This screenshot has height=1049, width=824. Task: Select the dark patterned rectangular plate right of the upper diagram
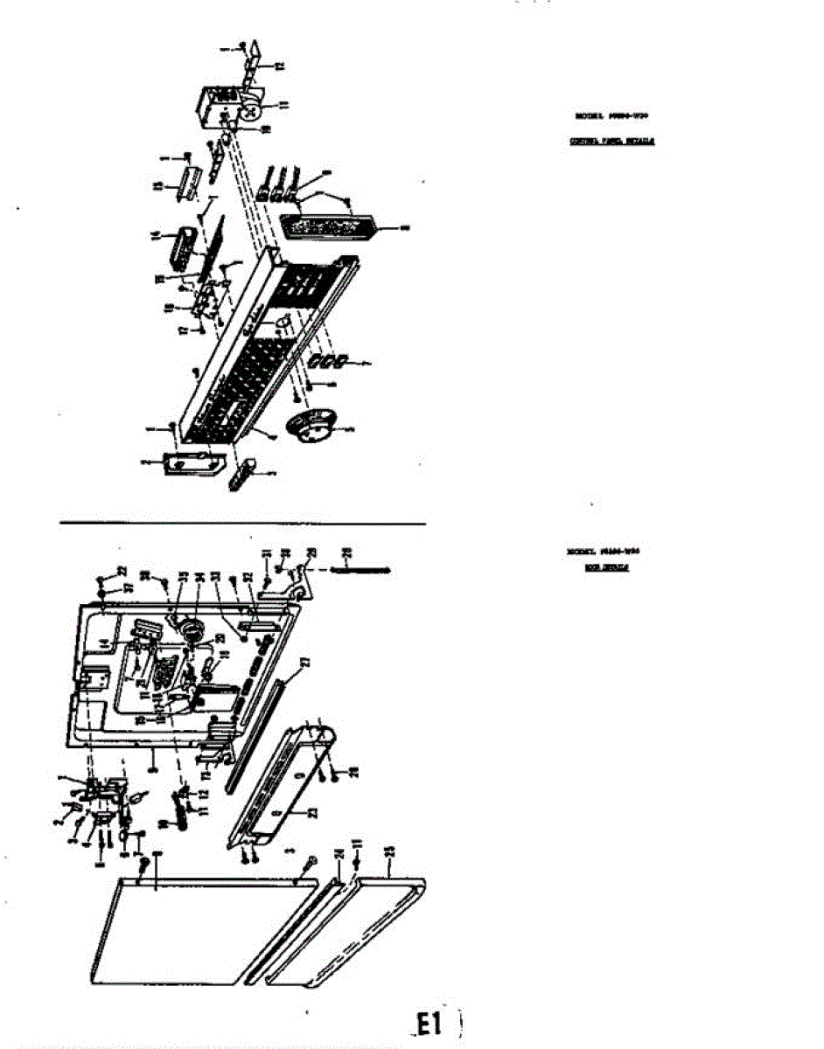point(328,227)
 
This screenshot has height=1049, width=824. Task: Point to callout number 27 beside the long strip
point(305,663)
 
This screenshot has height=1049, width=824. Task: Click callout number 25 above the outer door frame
point(389,851)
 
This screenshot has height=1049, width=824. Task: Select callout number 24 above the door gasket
point(339,854)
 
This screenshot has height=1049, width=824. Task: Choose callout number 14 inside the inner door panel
point(104,644)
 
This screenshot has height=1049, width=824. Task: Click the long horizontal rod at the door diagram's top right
point(360,570)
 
